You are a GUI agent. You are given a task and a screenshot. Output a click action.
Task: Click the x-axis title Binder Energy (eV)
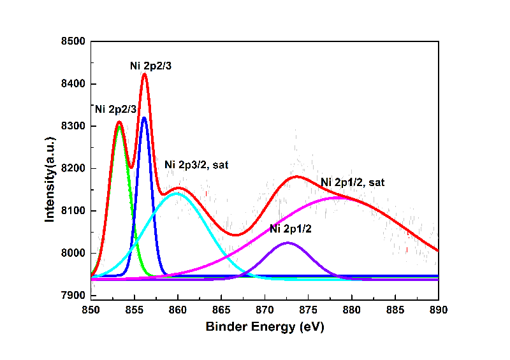pos(265,328)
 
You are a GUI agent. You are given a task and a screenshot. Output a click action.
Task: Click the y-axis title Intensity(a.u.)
pos(49,168)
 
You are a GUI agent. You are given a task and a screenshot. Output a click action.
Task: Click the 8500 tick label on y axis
pos(73,42)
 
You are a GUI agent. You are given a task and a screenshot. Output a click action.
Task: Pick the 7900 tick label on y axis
pos(73,296)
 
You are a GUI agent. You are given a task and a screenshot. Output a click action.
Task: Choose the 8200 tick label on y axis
pos(73,169)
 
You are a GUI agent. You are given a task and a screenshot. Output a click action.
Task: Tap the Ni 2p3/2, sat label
pos(196,164)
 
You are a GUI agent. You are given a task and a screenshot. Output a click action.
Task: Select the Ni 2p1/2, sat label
pos(353,183)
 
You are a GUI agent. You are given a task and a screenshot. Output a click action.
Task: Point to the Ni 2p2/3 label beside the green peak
pos(115,110)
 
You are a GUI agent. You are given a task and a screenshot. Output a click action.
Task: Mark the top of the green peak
pos(119,127)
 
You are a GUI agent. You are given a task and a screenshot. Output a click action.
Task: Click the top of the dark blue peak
pos(144,118)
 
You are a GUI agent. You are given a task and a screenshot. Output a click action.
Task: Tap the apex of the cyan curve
pos(177,193)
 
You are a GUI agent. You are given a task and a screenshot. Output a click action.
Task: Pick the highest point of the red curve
pos(144,74)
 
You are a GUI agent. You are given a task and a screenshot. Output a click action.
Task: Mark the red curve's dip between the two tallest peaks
pos(131,168)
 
